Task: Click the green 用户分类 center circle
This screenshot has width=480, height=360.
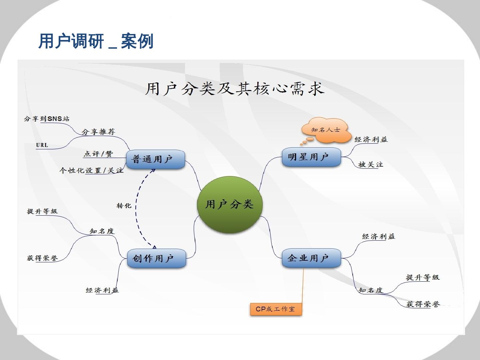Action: click(230, 204)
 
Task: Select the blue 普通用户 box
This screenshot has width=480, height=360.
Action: click(155, 159)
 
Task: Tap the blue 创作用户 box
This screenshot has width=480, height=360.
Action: click(156, 258)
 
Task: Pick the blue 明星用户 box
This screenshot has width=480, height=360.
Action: click(311, 157)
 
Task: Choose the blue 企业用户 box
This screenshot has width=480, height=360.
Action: click(311, 258)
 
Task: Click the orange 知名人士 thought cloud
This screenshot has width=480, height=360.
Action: click(326, 130)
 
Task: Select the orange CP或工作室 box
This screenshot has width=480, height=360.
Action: click(276, 309)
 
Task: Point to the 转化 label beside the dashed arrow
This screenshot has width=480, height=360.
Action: click(124, 206)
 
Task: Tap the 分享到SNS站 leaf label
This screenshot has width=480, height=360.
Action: click(47, 119)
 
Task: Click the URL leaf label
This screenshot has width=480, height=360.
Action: click(42, 145)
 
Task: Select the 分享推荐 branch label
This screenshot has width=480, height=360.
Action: click(98, 132)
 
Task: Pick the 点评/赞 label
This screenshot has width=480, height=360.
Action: click(98, 154)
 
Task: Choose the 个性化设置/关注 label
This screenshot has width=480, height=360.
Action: click(91, 171)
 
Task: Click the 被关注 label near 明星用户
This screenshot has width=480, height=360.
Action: click(370, 164)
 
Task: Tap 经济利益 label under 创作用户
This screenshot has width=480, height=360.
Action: click(102, 290)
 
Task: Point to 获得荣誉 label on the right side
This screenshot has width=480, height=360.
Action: click(423, 304)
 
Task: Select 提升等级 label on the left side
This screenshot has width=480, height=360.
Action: click(42, 211)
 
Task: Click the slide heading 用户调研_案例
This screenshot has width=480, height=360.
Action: click(96, 41)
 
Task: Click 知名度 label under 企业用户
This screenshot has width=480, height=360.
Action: click(370, 290)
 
